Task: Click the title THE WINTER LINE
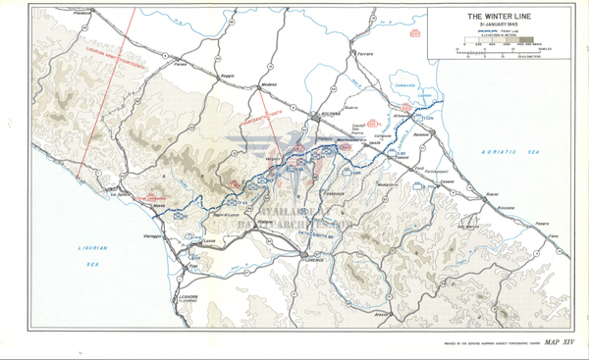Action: tap(500, 16)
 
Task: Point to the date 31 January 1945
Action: tap(500, 25)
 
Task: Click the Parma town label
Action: tap(181, 63)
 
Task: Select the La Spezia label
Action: tap(119, 194)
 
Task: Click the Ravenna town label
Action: tap(421, 131)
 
